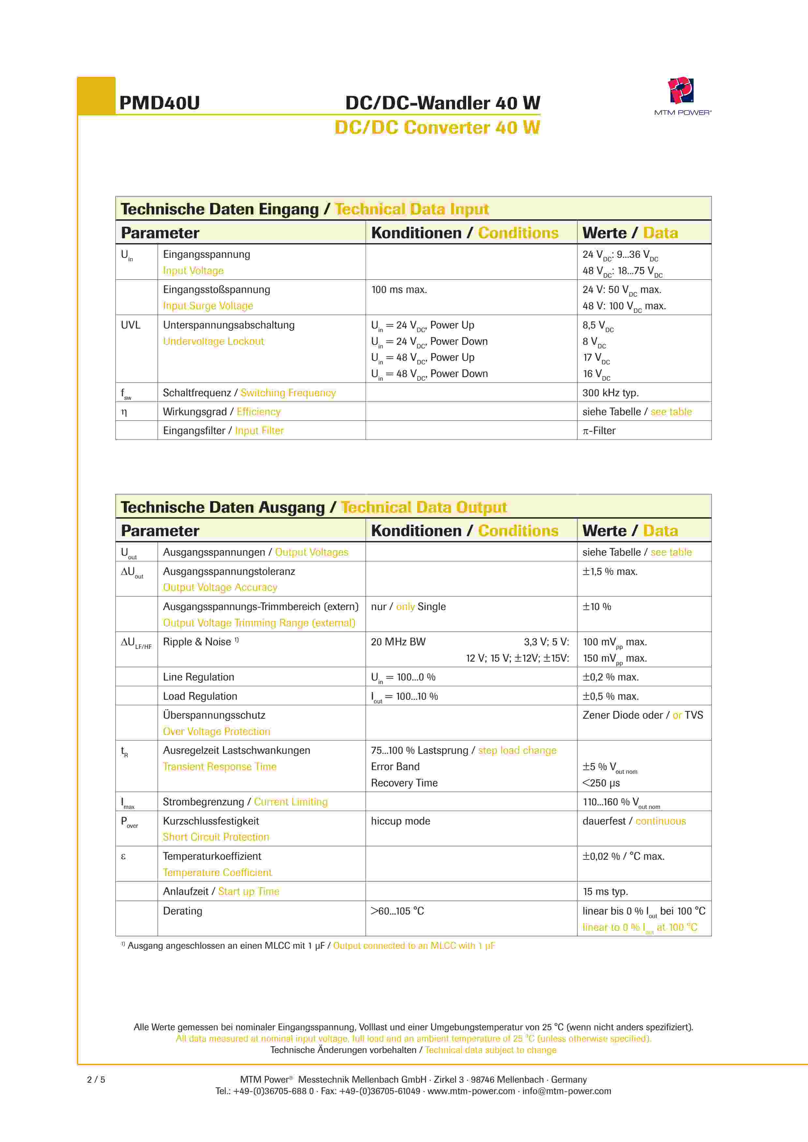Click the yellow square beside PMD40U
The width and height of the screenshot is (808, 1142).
tap(96, 96)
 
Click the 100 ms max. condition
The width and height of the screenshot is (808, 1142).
tap(399, 289)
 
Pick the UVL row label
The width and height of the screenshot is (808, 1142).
tap(130, 325)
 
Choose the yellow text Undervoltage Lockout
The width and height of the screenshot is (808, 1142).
tap(213, 341)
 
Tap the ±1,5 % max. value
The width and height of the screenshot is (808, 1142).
tap(610, 572)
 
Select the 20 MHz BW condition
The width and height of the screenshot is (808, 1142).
tap(398, 642)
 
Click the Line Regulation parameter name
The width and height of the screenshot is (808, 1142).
tap(198, 677)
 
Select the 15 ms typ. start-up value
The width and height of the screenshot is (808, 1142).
tap(605, 891)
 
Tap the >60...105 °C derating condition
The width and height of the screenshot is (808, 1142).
tap(397, 911)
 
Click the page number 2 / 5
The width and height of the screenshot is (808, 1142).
tap(96, 1079)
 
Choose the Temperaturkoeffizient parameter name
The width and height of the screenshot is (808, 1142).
tap(212, 856)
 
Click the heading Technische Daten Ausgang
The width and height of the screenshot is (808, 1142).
tap(222, 507)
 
